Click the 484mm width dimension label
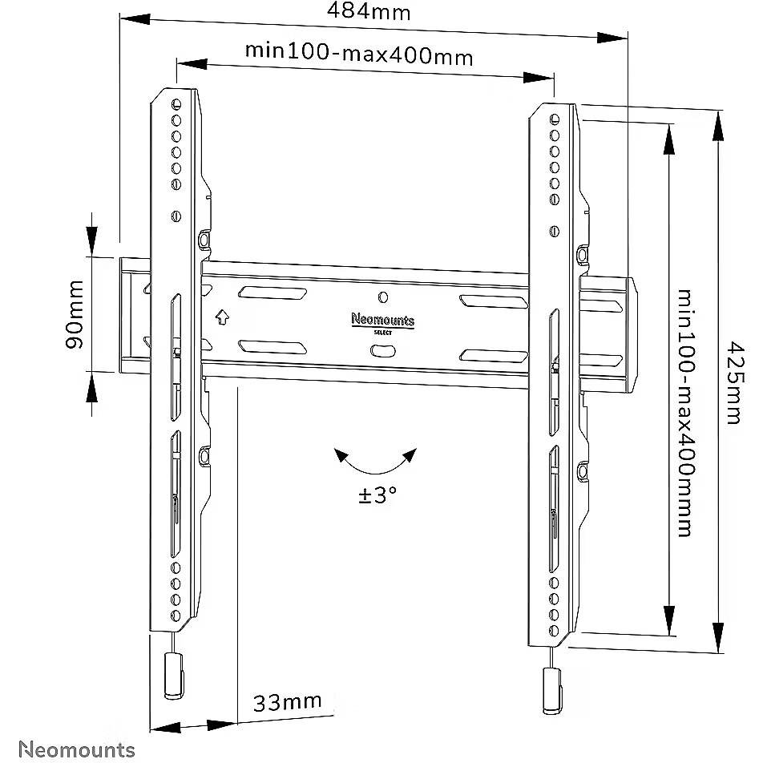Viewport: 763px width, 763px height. pyautogui.click(x=369, y=13)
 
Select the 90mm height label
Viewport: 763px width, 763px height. pyautogui.click(x=74, y=314)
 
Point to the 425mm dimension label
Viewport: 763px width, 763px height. pyautogui.click(x=732, y=382)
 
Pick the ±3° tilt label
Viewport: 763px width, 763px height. pyautogui.click(x=377, y=495)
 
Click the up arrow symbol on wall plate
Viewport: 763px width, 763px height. pyautogui.click(x=222, y=317)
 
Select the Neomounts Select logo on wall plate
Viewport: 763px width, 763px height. pyautogui.click(x=383, y=321)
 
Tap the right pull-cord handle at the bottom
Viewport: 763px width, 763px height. pyautogui.click(x=551, y=688)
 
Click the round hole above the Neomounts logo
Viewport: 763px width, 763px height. pyautogui.click(x=382, y=297)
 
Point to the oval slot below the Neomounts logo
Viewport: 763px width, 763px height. pyautogui.click(x=382, y=350)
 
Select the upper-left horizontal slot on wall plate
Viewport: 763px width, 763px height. pyautogui.click(x=270, y=293)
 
